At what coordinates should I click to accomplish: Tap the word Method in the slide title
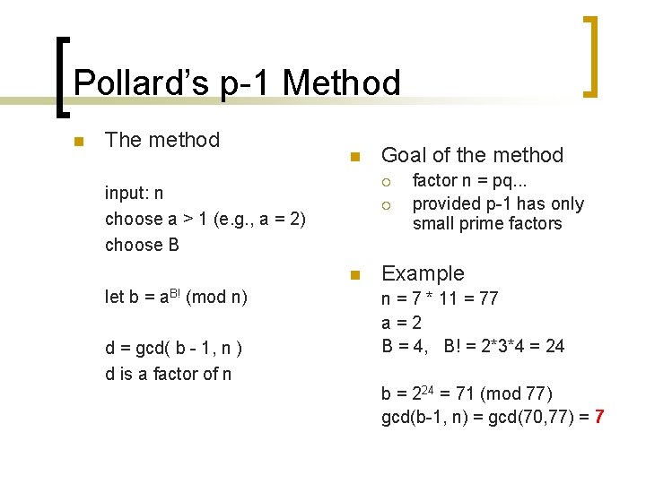pos(341,83)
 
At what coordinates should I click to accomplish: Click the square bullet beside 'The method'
pos(79,142)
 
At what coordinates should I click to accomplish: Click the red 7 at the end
pos(598,417)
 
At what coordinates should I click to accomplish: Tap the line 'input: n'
pos(134,194)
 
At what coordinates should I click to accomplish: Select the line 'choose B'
pos(142,245)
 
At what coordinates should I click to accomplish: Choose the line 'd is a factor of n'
pos(168,374)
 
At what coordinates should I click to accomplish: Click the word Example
pos(423,274)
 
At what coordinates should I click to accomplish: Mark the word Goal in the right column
pos(403,155)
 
